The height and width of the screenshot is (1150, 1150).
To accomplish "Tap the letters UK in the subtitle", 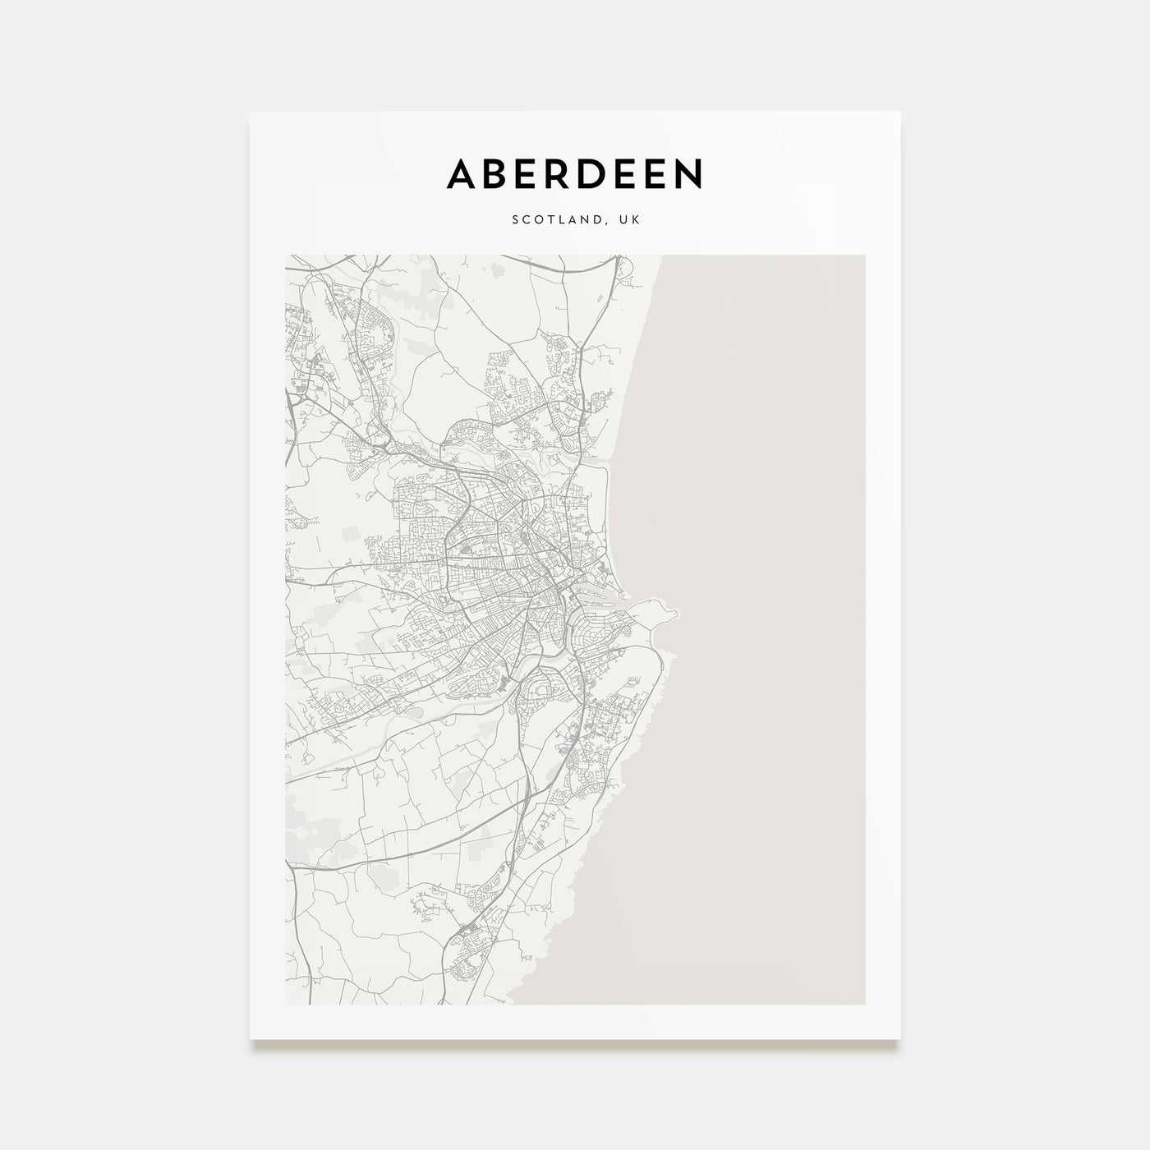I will (629, 220).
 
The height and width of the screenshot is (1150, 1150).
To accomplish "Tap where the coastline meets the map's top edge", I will (661, 255).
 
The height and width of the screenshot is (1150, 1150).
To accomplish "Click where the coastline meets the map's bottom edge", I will (511, 1004).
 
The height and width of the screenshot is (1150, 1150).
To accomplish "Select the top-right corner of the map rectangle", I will (864, 255).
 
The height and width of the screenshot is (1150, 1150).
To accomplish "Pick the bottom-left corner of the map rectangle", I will (285, 1004).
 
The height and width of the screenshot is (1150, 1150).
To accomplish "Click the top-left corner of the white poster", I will (251, 112).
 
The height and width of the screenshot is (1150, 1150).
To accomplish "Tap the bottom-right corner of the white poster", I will (900, 1040).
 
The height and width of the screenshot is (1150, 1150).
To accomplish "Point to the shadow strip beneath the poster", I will (575, 1046).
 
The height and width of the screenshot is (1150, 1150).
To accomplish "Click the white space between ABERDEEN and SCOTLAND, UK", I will (575, 201).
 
